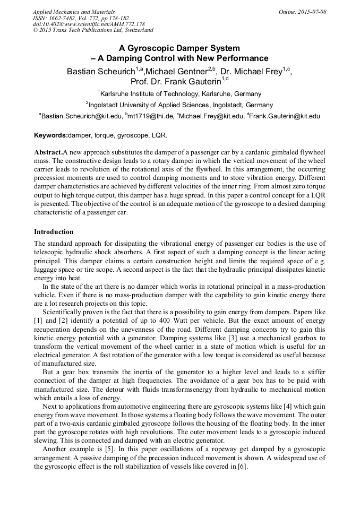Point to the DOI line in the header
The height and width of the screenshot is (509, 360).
tap(89, 24)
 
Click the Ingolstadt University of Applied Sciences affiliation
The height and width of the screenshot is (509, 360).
tap(181, 105)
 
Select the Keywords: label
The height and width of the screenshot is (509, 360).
tap(51, 135)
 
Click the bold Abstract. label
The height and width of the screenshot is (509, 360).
tap(48, 152)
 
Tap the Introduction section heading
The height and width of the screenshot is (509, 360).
tap(54, 232)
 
